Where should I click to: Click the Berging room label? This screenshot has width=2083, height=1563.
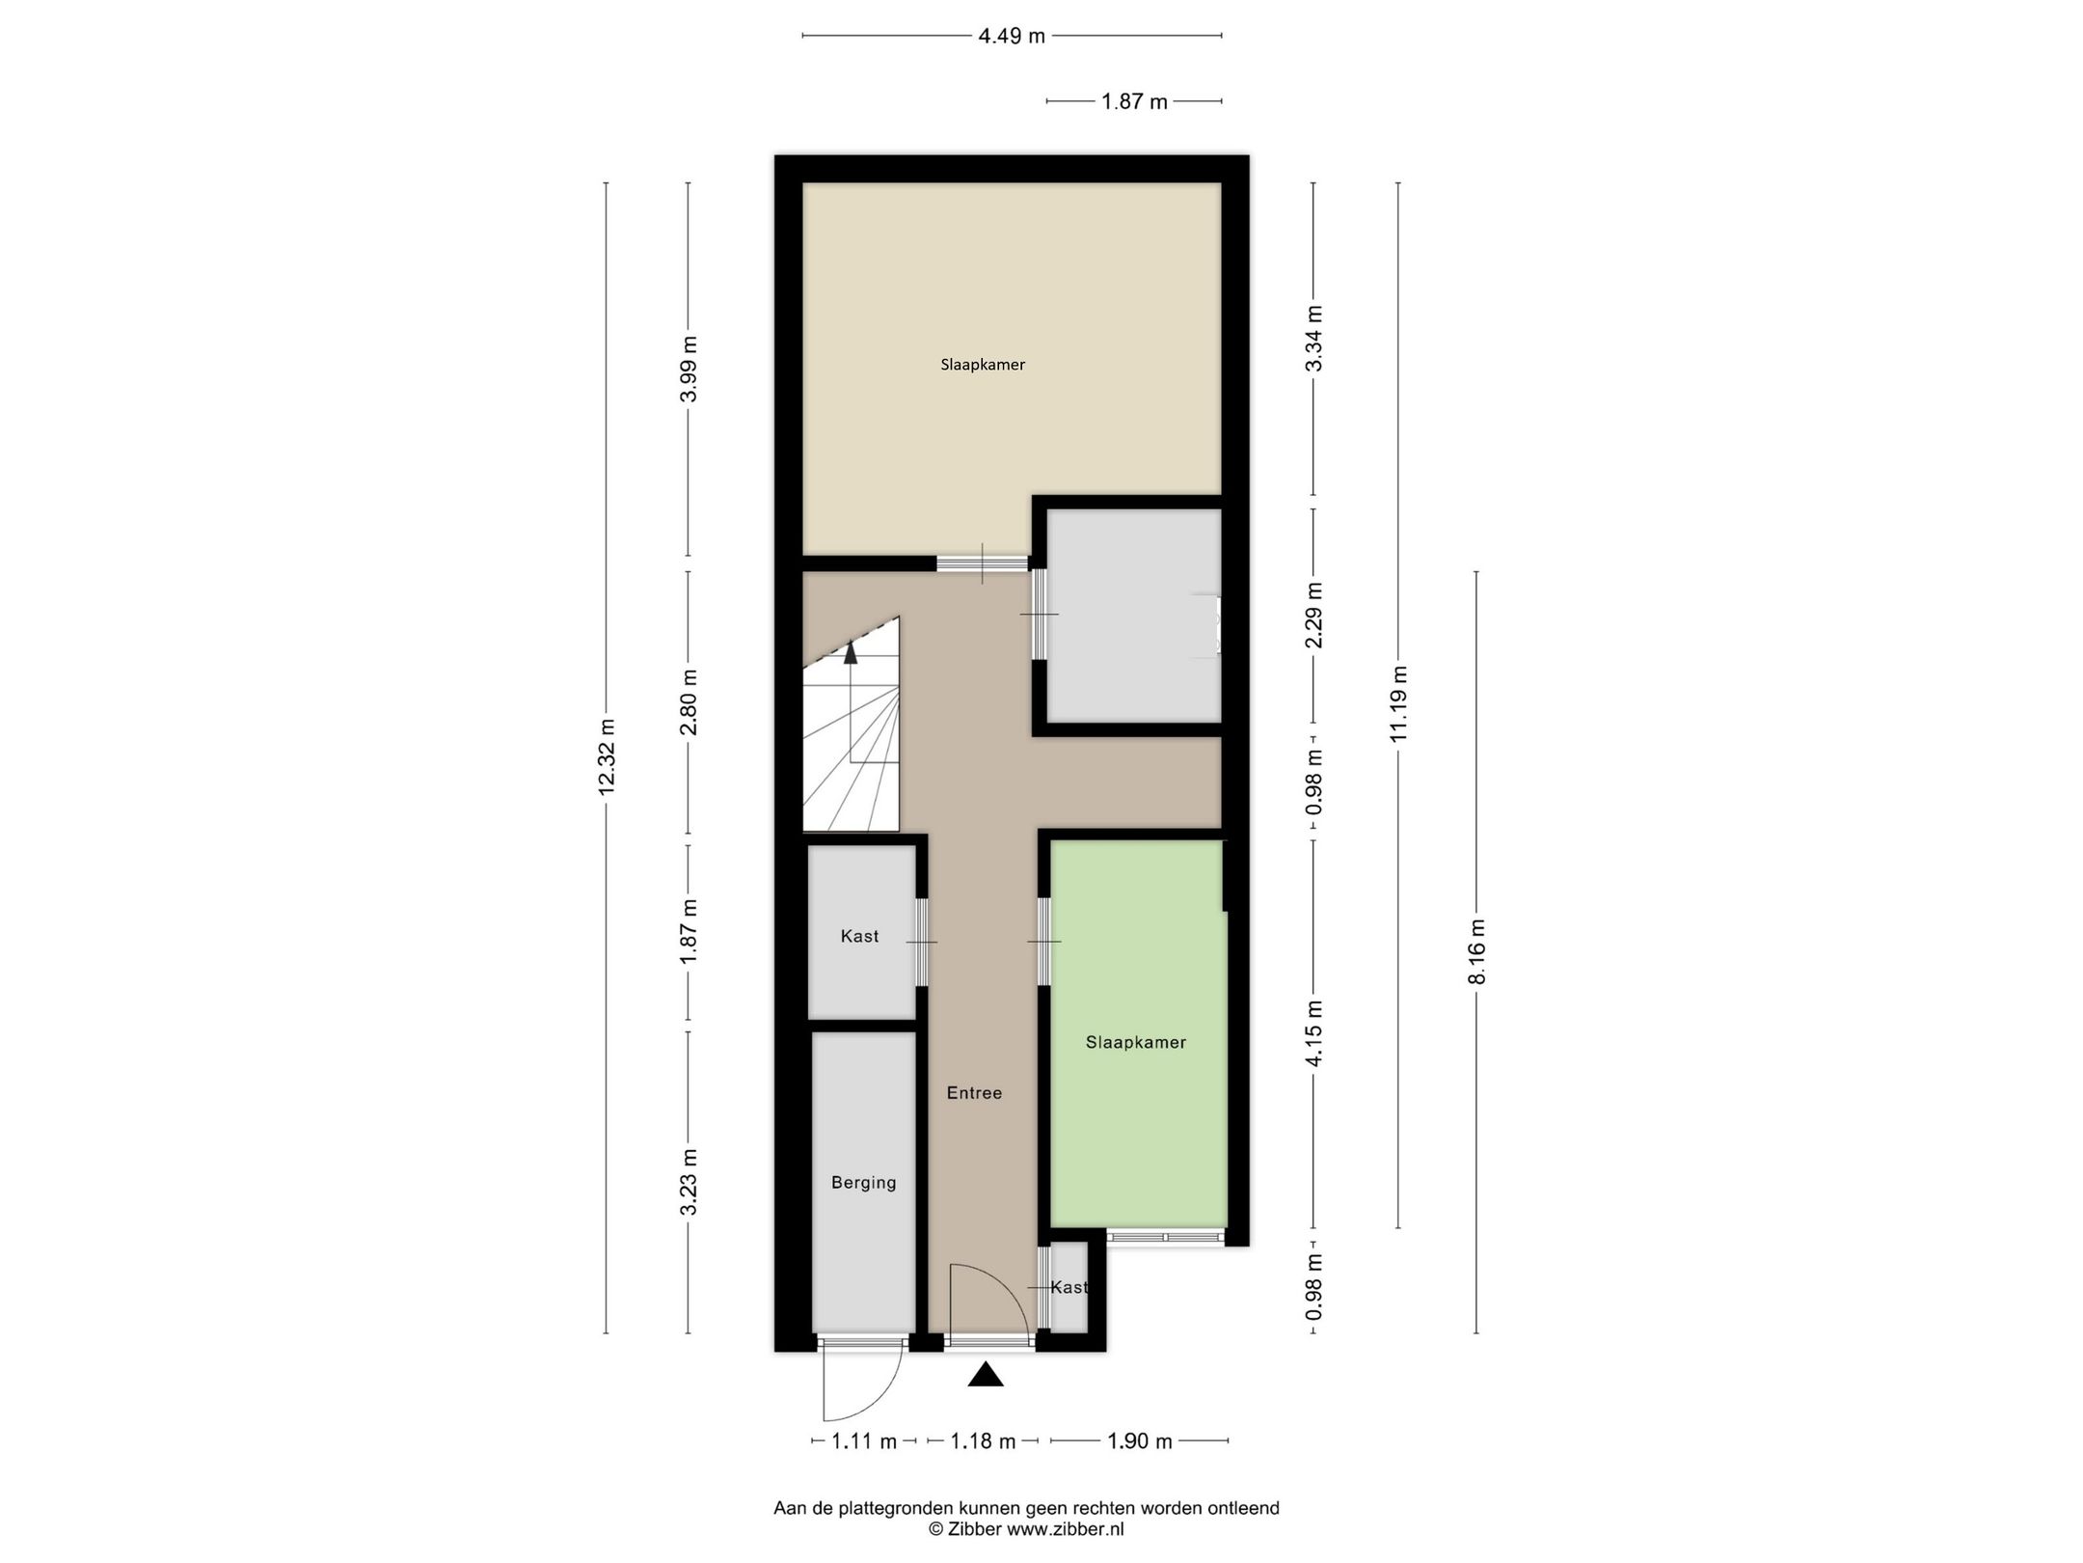coord(863,1182)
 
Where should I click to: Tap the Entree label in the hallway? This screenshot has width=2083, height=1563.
coord(974,1093)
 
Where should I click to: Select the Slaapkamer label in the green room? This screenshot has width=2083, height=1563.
coord(1135,1042)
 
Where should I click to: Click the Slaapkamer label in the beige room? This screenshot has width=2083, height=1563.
coord(983,365)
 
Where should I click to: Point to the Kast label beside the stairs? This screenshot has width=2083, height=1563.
coord(859,936)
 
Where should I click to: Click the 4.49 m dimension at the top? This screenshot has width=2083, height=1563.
coord(1011,37)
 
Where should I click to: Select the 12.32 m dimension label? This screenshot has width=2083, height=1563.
coord(606,757)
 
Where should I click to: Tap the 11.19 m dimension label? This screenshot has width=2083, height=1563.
coord(1398,704)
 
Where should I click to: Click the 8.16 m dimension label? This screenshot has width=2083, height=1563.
coord(1476,951)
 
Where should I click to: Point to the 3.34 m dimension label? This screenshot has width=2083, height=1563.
coord(1312,338)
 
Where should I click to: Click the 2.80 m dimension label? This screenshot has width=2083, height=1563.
coord(688,701)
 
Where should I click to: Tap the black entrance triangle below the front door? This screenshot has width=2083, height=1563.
coord(986,1375)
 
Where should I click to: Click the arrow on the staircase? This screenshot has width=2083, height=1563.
coord(851,653)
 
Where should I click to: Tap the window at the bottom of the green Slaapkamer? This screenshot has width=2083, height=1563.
coord(1165,1237)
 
